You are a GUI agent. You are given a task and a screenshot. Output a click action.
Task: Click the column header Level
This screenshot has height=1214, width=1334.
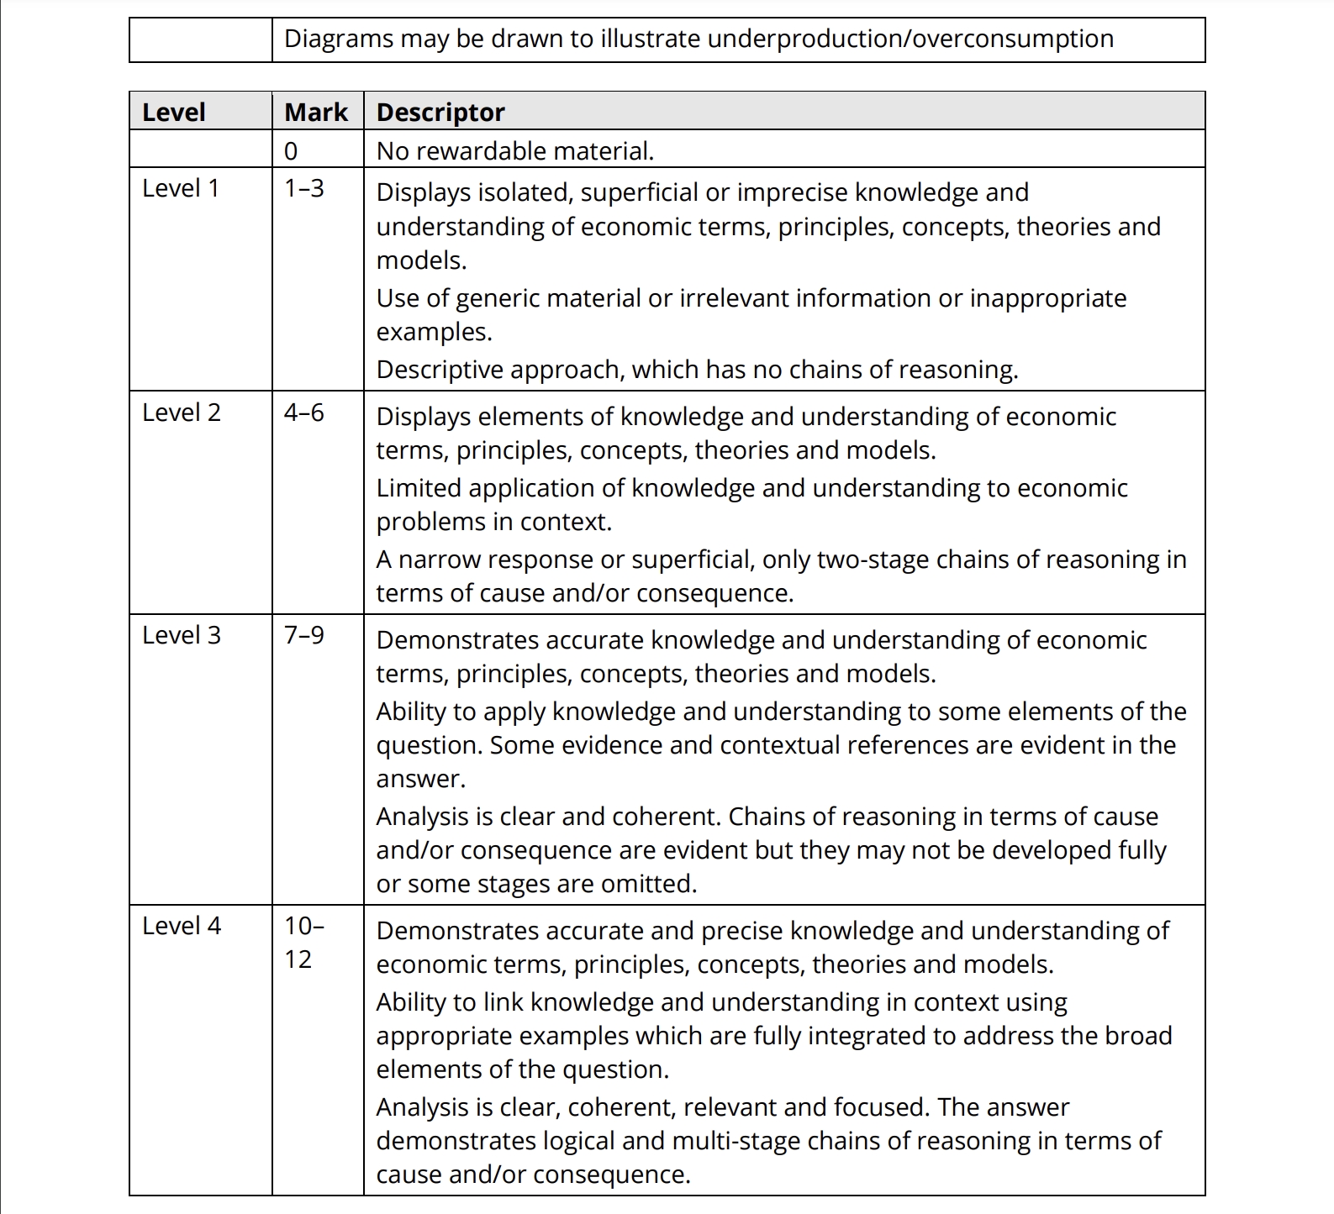(x=174, y=112)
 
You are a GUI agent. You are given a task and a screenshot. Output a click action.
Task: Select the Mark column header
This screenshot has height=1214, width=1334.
(x=316, y=112)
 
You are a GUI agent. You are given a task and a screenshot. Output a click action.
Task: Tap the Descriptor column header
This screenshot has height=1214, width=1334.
(x=440, y=112)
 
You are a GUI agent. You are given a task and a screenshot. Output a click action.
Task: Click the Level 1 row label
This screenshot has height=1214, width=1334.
(x=181, y=188)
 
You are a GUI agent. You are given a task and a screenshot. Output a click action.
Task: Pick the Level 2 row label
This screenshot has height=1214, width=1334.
(x=182, y=413)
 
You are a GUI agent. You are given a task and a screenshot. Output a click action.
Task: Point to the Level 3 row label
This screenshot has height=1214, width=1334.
(x=182, y=635)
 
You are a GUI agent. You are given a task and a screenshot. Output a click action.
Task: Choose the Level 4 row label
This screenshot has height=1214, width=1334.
(x=182, y=926)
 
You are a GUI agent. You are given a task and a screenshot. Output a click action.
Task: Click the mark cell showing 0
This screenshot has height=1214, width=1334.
(x=291, y=151)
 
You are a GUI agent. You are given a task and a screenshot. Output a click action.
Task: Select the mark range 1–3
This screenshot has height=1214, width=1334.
(x=303, y=188)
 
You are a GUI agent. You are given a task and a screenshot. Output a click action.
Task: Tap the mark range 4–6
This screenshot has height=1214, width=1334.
(x=303, y=413)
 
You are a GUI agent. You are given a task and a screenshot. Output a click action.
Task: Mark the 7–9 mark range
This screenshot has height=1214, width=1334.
(x=303, y=635)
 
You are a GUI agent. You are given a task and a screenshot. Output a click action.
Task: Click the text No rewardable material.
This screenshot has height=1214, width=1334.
(x=514, y=151)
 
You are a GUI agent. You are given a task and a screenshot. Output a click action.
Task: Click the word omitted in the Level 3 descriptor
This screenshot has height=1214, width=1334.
(x=650, y=884)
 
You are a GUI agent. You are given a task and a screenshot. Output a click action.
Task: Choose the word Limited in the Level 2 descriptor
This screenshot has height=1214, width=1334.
(x=419, y=488)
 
